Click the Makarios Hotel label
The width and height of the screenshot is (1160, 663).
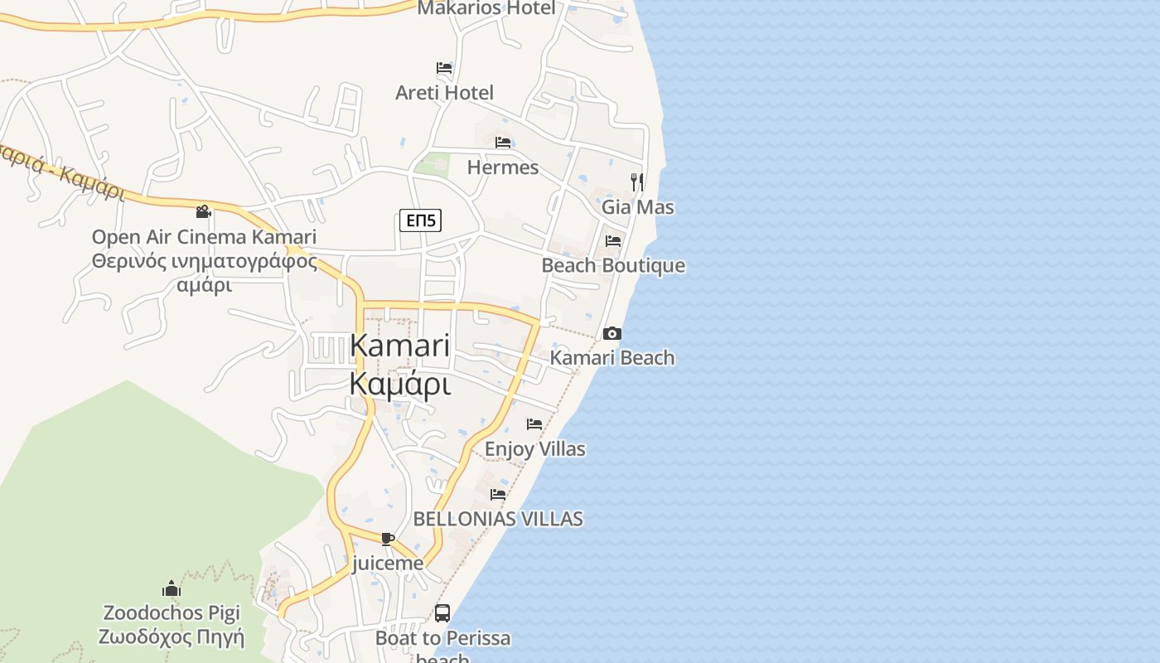coord(486,8)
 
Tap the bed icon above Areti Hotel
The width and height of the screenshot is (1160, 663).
coord(444,68)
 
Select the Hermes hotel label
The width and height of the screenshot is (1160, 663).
coord(502,167)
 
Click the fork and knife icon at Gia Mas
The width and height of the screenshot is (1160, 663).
coord(636,181)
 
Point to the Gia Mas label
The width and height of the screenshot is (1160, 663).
coord(637,207)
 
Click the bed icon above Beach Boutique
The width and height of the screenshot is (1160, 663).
coord(613,241)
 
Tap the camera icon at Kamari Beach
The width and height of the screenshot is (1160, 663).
coord(611,334)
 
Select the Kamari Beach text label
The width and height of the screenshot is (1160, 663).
coord(612,358)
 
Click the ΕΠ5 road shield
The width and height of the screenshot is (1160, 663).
coord(420,220)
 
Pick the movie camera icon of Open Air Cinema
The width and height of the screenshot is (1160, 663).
coord(203,212)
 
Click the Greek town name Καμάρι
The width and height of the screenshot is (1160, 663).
coord(400,385)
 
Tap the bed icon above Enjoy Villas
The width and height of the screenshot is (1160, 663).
coord(534,424)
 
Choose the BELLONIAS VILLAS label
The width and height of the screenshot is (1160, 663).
coord(497,520)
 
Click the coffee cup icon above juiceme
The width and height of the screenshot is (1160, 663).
coord(387,540)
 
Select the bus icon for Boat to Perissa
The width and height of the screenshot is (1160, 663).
coord(442,613)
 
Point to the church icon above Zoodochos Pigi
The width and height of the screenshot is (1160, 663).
coord(172,588)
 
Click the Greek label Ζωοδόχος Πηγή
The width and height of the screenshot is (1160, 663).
coord(172,637)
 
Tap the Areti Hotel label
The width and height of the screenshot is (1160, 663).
coord(444,93)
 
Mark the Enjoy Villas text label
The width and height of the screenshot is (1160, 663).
coord(534,449)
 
